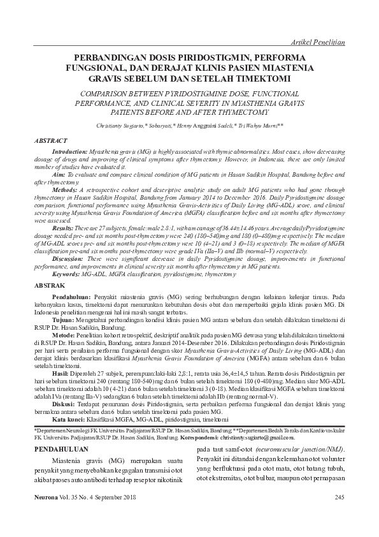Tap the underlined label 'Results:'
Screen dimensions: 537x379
[x=63, y=228]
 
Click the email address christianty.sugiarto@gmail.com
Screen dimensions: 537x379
[x=253, y=438]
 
